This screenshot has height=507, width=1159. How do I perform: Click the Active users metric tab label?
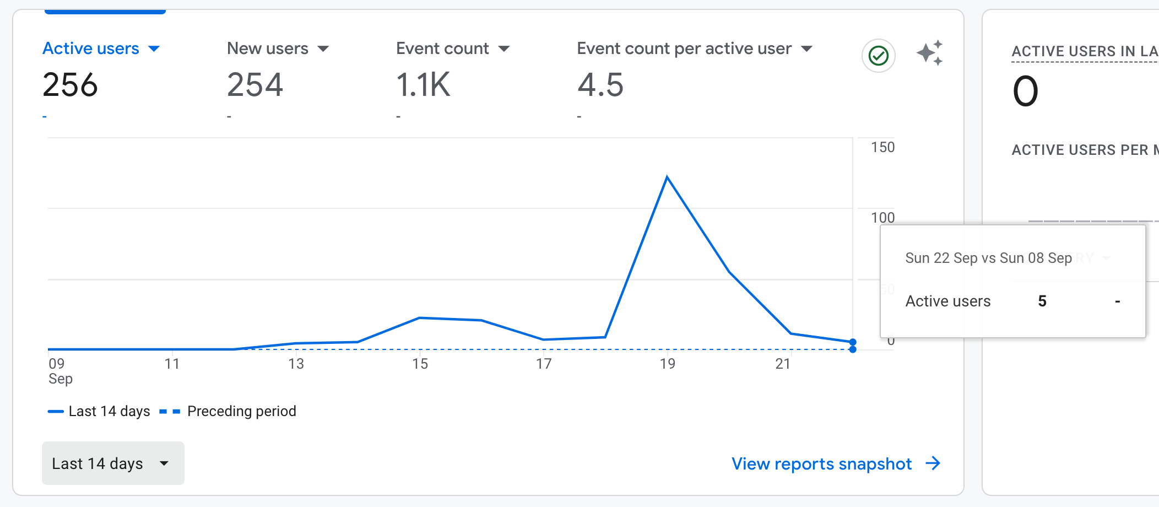tap(91, 48)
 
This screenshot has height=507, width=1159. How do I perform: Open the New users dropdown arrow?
tap(323, 49)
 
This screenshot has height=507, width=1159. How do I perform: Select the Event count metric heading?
tap(442, 48)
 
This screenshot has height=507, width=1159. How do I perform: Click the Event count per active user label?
tap(684, 48)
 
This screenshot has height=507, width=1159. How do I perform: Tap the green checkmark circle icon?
tap(878, 56)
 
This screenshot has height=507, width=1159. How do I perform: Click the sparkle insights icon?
tap(929, 53)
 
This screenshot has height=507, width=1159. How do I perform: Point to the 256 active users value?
tap(71, 85)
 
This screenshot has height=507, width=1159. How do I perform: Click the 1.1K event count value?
tap(423, 85)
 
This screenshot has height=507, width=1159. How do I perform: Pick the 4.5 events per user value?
tap(600, 85)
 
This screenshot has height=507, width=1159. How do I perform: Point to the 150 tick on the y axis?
tap(882, 147)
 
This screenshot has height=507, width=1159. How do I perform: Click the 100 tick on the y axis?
tap(882, 218)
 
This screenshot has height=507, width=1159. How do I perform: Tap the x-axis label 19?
tap(667, 364)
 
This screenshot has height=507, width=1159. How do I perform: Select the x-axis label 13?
tap(296, 364)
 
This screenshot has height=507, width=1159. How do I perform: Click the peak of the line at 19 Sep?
tap(667, 177)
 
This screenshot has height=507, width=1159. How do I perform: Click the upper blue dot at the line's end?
tap(853, 342)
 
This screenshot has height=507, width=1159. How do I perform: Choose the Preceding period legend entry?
tap(241, 411)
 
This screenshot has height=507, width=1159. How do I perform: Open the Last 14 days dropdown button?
tap(113, 463)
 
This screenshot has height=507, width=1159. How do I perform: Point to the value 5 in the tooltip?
tap(1042, 301)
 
